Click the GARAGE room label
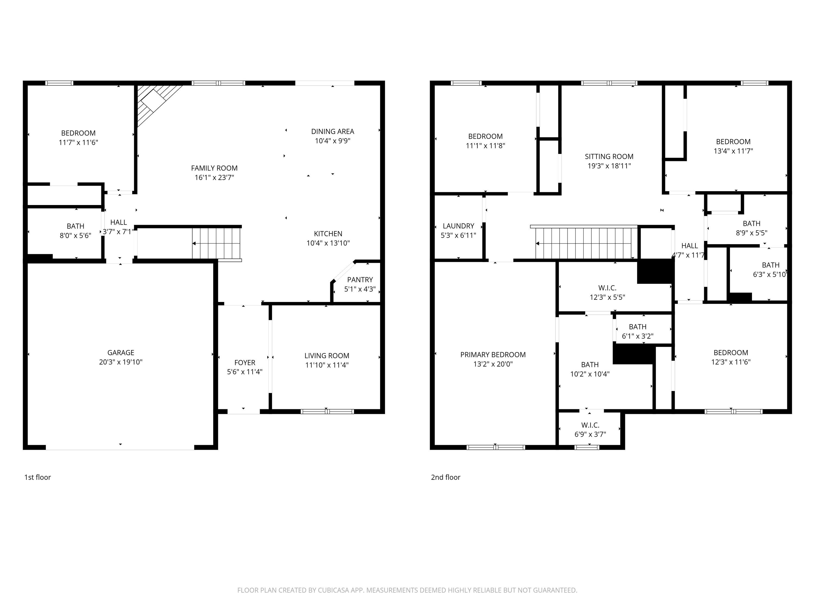tap(121, 352)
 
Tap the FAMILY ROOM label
tap(214, 168)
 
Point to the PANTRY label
tap(360, 279)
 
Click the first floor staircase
tap(217, 243)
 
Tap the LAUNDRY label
tap(458, 226)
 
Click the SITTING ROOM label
tap(609, 156)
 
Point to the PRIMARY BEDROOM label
tap(493, 355)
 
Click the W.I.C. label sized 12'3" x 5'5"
tap(607, 288)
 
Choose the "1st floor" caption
tap(37, 477)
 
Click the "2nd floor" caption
tap(446, 477)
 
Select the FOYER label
tap(245, 363)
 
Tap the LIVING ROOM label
tap(327, 356)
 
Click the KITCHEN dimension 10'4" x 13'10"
tap(328, 243)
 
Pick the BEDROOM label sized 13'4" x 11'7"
tap(733, 141)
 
